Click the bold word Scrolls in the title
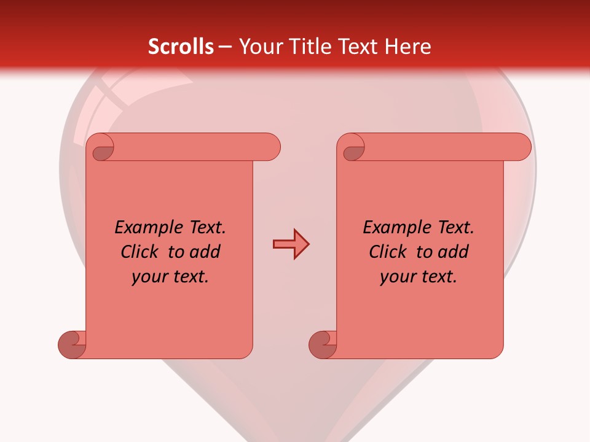[x=181, y=47]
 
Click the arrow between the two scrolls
[x=291, y=244]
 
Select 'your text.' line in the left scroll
[x=170, y=277]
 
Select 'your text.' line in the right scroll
[x=419, y=277]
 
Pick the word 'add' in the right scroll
[x=454, y=252]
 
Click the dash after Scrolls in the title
[x=226, y=47]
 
